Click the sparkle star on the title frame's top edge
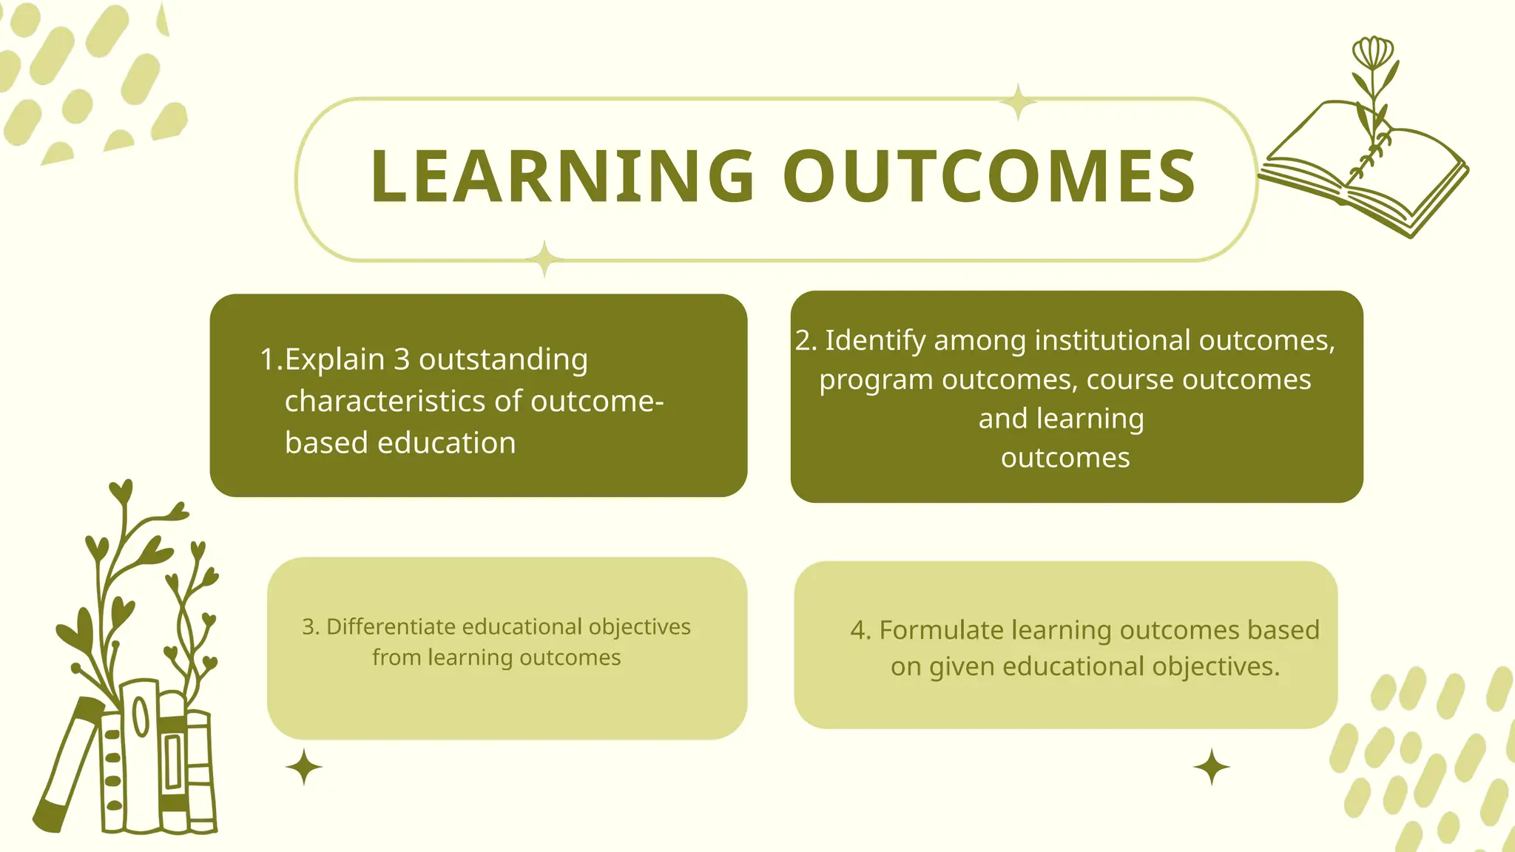tap(1019, 102)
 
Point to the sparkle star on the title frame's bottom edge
tap(545, 259)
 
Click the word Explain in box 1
tap(334, 359)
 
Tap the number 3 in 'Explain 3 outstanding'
tap(402, 359)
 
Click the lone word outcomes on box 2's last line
tap(1065, 458)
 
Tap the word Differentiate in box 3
tap(391, 626)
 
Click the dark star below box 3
tap(304, 767)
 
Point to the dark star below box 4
tap(1212, 767)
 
